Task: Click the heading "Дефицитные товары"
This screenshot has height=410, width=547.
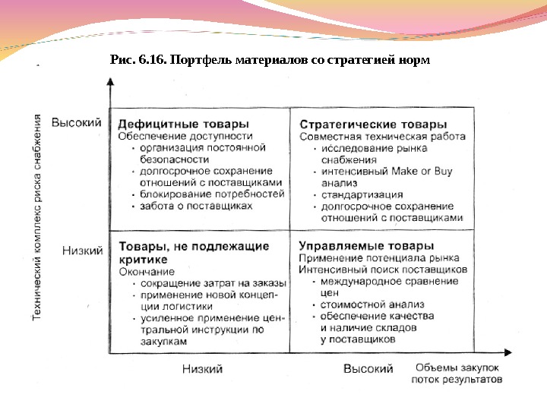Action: click(x=182, y=124)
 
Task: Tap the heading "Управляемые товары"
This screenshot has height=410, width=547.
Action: click(x=366, y=246)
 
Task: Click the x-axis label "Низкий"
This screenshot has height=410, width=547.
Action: click(x=202, y=368)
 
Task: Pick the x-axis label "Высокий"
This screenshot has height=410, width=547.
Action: click(x=368, y=368)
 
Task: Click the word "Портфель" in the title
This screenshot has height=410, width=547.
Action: click(x=201, y=59)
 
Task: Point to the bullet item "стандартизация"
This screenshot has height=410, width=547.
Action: click(x=362, y=194)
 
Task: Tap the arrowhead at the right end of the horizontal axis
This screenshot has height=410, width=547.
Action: click(x=508, y=352)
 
